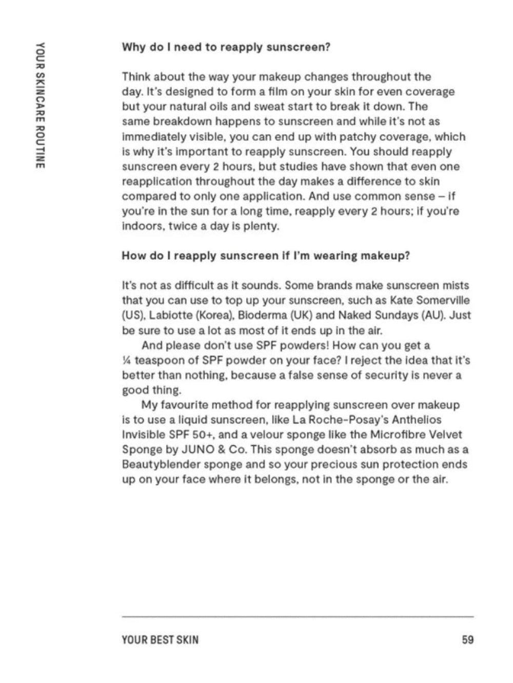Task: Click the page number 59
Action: [x=467, y=639]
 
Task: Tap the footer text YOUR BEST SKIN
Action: [x=160, y=639]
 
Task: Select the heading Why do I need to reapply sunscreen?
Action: [x=226, y=47]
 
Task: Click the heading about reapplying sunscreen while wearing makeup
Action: [x=266, y=256]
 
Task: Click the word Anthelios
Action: [x=417, y=420]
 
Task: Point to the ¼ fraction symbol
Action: [x=127, y=361]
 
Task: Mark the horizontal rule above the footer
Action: [x=298, y=616]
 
